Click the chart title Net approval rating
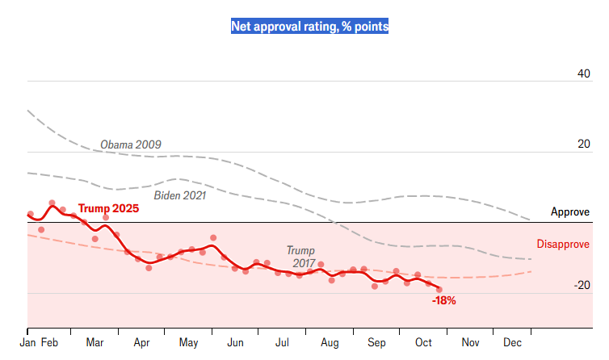pyautogui.click(x=310, y=27)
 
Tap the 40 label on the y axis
pyautogui.click(x=583, y=73)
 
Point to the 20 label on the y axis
pyautogui.click(x=583, y=144)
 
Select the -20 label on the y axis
pyautogui.click(x=582, y=285)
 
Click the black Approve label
pyautogui.click(x=570, y=212)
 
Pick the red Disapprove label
pyautogui.click(x=563, y=245)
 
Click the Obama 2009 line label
pyautogui.click(x=131, y=145)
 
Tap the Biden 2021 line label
pyautogui.click(x=180, y=195)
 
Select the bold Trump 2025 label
pyautogui.click(x=108, y=208)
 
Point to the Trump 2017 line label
pyautogui.click(x=300, y=257)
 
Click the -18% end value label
pyautogui.click(x=444, y=300)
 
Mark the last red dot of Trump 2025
pyautogui.click(x=439, y=289)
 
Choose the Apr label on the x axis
pyautogui.click(x=141, y=343)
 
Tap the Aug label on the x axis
pyautogui.click(x=330, y=343)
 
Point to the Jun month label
pyautogui.click(x=236, y=343)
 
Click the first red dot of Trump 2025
pyautogui.click(x=30, y=214)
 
